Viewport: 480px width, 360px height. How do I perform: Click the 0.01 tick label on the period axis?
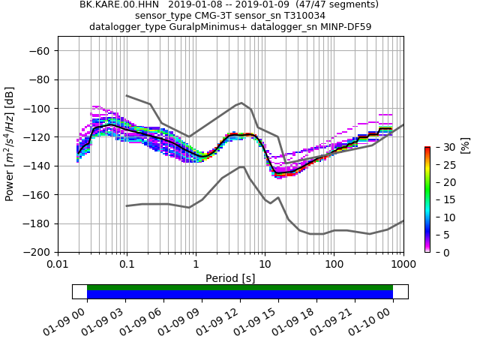point(58,264)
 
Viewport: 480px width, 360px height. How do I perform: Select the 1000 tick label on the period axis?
point(403,264)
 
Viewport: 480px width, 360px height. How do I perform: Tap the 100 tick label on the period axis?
point(334,264)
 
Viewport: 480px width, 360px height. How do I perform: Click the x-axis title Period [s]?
point(230,278)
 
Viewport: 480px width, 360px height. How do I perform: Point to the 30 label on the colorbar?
point(440,147)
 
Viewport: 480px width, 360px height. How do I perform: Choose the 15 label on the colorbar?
point(440,199)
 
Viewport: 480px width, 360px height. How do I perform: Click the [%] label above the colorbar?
point(465,144)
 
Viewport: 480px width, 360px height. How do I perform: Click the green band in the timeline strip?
point(240,287)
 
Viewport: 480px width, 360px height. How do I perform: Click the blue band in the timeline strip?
point(240,295)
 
